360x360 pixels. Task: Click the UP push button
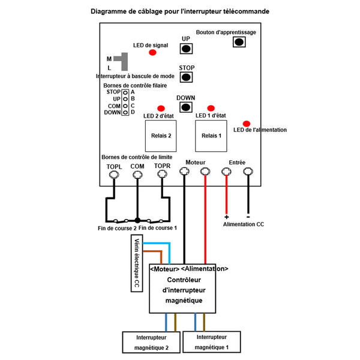[x=186, y=49]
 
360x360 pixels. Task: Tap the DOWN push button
[x=186, y=107]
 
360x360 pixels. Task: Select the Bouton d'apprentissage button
[x=239, y=42]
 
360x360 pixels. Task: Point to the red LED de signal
[x=152, y=53]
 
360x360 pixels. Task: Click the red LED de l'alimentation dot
[x=247, y=124]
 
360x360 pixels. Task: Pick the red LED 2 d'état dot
[x=161, y=109]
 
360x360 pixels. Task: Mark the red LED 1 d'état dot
[x=211, y=108]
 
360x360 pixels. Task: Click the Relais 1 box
[x=211, y=136]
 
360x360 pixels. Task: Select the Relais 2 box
[x=161, y=136]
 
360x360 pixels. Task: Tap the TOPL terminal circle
[x=114, y=175]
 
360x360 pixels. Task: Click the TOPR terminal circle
[x=163, y=174]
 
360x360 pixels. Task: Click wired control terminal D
[x=125, y=113]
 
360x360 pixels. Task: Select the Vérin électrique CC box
[x=137, y=263]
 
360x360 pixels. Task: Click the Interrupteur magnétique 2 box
[x=151, y=342]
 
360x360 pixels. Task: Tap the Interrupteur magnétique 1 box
[x=212, y=342]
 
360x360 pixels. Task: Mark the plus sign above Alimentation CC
[x=226, y=217]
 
